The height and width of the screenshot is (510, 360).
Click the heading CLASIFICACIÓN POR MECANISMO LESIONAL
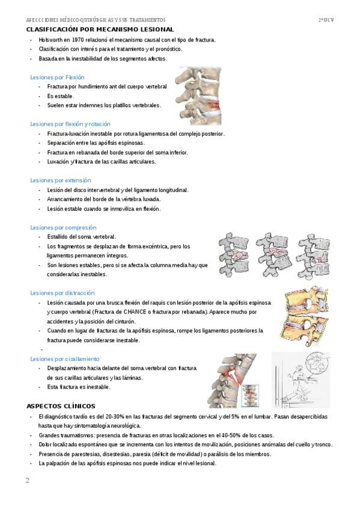[100, 29]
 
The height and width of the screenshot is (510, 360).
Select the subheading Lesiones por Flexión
[57, 78]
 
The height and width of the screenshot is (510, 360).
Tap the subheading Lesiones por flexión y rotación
[70, 124]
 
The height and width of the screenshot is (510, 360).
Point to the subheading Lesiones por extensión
[61, 180]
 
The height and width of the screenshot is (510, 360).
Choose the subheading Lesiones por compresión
[63, 227]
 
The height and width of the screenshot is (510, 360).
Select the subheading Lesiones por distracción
[63, 293]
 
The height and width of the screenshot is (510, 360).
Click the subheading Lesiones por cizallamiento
[65, 359]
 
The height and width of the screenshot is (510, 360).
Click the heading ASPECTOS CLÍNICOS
[61, 406]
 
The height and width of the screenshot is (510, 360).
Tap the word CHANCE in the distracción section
[135, 312]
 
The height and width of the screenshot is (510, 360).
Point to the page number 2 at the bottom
[27, 481]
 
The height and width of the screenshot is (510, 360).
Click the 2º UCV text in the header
[326, 20]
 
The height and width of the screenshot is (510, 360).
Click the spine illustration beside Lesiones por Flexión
[198, 96]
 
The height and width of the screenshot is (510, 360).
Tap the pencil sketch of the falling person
[301, 380]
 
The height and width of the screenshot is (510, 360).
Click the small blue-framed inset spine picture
[250, 396]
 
